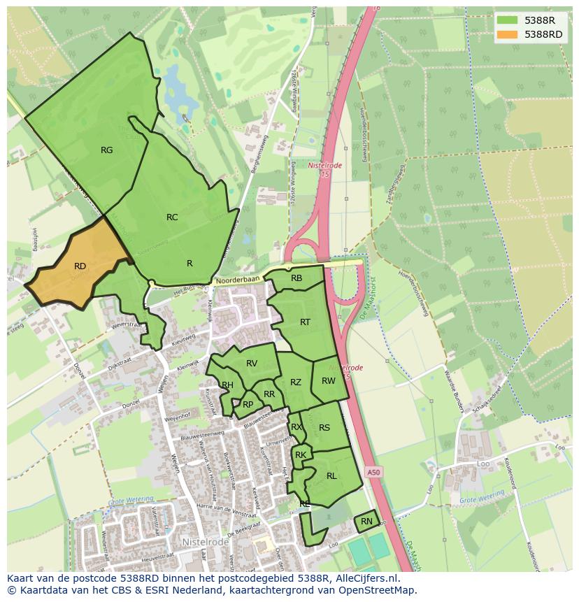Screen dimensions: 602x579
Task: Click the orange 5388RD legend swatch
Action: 508,34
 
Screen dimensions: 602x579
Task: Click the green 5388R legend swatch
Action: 508,20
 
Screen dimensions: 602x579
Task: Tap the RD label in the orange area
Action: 80,266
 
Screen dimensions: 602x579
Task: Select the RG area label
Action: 106,150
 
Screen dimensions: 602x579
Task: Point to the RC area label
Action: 172,217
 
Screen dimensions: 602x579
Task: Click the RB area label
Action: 296,278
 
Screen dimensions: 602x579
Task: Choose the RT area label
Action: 305,322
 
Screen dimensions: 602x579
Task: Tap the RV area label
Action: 252,363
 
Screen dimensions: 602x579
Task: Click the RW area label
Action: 329,381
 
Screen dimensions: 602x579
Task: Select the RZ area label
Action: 296,382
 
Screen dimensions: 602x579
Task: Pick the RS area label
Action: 324,428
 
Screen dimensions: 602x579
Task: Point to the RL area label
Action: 331,476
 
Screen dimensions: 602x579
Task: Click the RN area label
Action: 366,522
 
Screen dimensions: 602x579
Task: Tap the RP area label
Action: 248,404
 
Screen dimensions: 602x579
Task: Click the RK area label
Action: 301,455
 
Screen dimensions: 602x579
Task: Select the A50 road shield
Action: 374,473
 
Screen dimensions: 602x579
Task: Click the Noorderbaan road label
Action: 237,280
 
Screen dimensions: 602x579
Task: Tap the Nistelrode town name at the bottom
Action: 206,541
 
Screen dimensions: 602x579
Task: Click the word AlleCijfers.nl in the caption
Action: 367,579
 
